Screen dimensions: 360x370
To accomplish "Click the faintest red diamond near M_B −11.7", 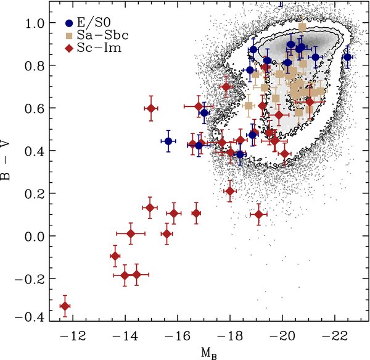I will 65,306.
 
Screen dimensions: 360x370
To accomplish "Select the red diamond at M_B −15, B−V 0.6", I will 151,108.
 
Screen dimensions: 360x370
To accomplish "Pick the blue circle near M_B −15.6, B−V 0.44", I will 168,141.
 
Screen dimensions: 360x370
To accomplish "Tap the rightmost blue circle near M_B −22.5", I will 347,57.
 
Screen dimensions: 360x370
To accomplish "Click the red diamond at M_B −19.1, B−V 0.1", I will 258,214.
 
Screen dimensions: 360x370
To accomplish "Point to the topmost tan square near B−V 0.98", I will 302,27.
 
